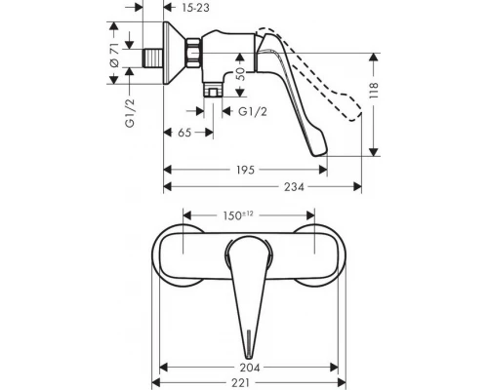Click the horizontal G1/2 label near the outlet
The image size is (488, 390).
coord(255,111)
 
